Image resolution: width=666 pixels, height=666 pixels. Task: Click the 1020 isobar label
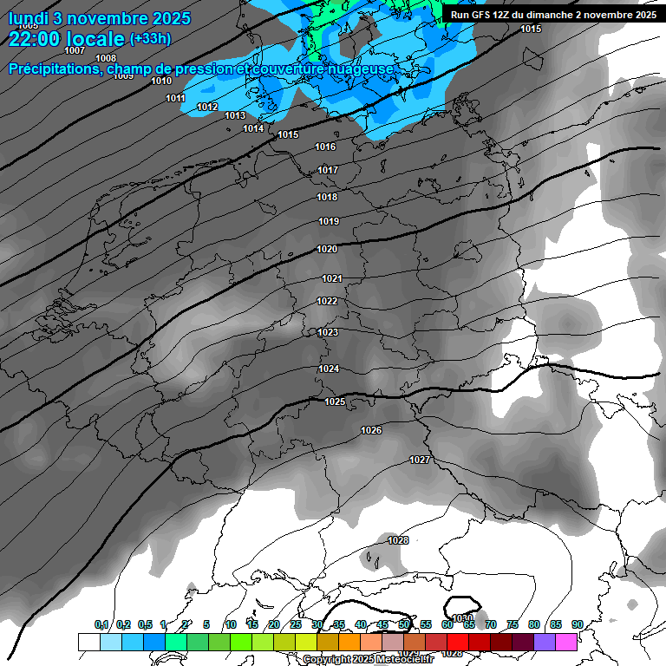click(x=327, y=249)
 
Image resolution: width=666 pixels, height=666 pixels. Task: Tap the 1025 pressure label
click(x=335, y=402)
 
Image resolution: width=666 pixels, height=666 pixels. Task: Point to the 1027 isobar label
click(x=420, y=460)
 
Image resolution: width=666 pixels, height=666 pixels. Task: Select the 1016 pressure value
click(x=325, y=147)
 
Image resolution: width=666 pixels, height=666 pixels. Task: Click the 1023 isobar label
click(x=328, y=332)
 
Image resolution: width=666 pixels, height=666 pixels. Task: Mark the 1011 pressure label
click(x=176, y=98)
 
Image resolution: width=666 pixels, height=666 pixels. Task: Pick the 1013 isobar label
click(x=235, y=115)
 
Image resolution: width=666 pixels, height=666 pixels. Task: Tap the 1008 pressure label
click(x=106, y=58)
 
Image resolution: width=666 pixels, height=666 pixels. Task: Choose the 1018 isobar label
click(x=327, y=197)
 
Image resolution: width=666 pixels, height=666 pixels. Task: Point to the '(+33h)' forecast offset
click(x=150, y=39)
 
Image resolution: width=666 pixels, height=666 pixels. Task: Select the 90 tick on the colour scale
click(x=577, y=624)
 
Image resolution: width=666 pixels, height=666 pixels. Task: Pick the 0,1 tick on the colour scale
click(x=101, y=624)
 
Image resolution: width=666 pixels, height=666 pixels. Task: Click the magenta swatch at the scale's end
click(x=566, y=642)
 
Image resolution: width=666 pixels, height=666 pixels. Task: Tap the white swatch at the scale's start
click(x=88, y=642)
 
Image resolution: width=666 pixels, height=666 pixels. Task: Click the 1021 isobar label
click(x=332, y=278)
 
